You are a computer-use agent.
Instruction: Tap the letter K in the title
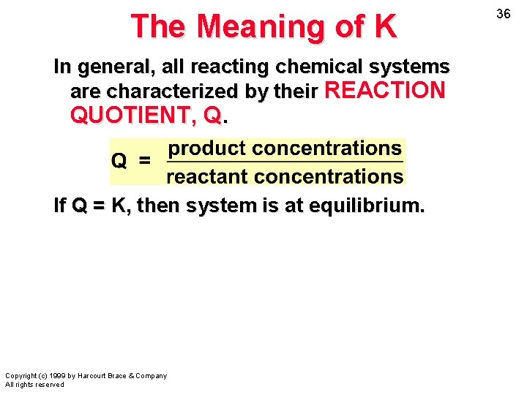click(385, 27)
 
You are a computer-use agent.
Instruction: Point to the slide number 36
click(503, 14)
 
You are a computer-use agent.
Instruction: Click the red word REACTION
click(384, 91)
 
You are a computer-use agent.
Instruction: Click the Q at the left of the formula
click(119, 159)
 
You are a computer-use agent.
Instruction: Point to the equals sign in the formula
click(144, 159)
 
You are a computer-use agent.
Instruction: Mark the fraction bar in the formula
click(285, 162)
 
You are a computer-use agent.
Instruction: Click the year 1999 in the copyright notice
click(56, 376)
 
